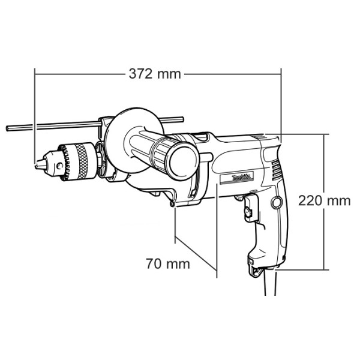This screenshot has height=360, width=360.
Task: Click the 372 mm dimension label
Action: click(155, 74)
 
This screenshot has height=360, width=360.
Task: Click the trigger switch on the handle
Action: click(248, 211)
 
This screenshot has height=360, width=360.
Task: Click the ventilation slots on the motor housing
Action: click(275, 170)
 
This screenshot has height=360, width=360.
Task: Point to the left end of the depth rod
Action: click(8, 128)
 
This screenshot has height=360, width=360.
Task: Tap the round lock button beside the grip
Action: click(276, 203)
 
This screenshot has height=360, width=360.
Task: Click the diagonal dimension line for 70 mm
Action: click(196, 254)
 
